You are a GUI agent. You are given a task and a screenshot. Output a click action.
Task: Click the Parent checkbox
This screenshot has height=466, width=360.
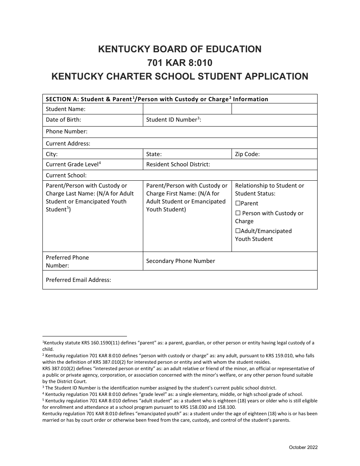coord(238,203)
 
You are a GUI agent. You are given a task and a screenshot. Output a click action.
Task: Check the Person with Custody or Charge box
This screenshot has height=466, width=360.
coord(238,213)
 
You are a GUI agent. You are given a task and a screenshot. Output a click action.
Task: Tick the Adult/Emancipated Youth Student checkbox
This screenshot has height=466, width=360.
coord(238,231)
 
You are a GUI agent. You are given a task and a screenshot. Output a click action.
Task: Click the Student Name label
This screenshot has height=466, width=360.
coord(66,109)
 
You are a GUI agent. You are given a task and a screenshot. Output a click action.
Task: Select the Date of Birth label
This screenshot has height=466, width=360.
coord(63,120)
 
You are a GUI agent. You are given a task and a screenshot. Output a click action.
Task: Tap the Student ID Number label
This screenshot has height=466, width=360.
coord(174,120)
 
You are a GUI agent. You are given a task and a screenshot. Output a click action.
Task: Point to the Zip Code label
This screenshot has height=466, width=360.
coord(247,154)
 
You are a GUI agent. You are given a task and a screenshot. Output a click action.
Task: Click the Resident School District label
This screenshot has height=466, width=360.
coord(178,164)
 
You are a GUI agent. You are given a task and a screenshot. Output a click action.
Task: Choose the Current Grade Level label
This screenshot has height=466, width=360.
coord(73,164)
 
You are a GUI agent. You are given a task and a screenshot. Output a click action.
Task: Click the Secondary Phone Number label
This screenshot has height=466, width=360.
coord(180,261)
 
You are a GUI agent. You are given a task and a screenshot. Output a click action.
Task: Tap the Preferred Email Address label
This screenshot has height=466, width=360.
coord(78,280)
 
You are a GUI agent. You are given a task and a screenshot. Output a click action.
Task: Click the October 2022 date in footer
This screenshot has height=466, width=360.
coord(303,447)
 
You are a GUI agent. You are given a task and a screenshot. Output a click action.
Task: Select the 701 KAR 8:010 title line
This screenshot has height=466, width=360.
coord(180,63)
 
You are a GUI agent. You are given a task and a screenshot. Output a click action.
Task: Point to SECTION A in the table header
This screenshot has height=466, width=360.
coord(60,99)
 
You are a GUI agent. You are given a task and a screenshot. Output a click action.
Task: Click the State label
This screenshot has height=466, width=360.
coord(154,154)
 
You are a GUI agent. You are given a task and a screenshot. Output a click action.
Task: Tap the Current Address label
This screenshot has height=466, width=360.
coord(68,144)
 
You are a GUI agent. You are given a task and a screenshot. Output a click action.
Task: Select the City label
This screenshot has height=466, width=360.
coord(52,154)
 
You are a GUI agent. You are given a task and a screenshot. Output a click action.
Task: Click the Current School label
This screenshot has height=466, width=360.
coord(66,175)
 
